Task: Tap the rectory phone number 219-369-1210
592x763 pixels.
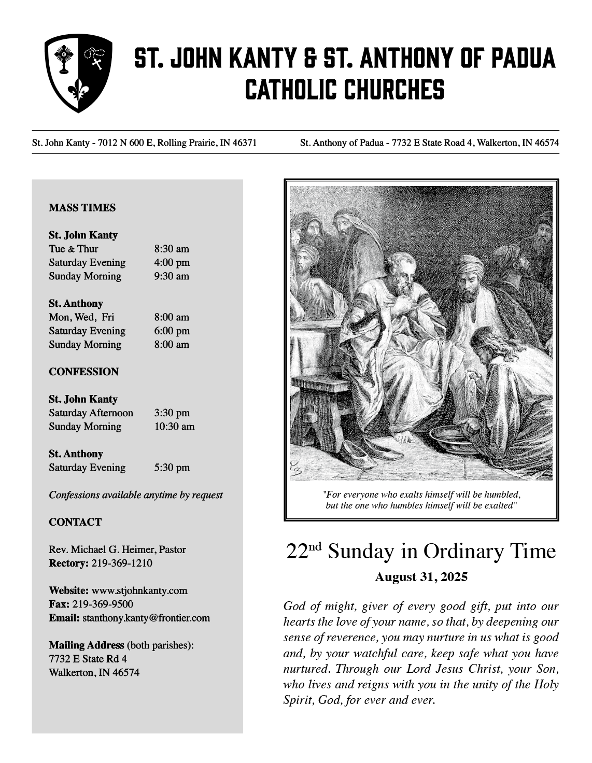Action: click(122, 563)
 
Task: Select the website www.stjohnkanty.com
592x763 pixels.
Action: click(139, 590)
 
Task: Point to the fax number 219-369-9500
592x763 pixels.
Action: click(103, 604)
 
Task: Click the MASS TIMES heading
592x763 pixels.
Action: click(82, 208)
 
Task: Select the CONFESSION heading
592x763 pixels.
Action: click(83, 372)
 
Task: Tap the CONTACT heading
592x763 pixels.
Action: click(75, 522)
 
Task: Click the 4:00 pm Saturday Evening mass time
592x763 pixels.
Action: click(172, 263)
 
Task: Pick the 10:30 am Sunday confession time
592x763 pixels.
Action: click(174, 427)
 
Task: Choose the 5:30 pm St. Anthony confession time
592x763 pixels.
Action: click(172, 468)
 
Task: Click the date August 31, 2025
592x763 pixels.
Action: click(421, 577)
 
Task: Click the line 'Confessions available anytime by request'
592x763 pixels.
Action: click(136, 495)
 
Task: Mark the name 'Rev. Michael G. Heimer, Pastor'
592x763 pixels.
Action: click(117, 549)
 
